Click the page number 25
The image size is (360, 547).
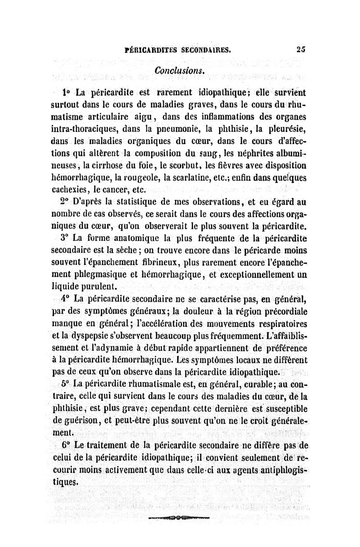[x=301, y=50]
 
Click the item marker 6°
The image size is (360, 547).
[x=65, y=446]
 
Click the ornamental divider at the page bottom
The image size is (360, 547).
[x=179, y=518]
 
